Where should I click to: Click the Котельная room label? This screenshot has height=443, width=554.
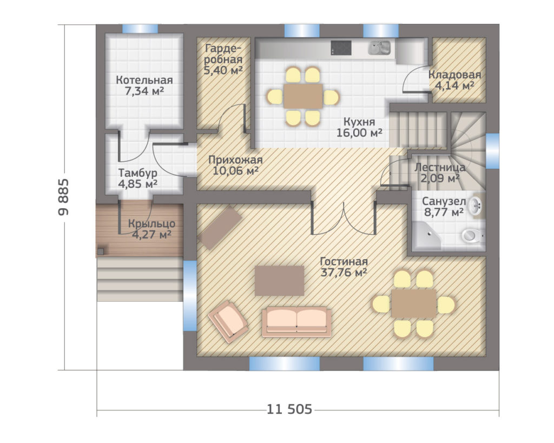click(144, 80)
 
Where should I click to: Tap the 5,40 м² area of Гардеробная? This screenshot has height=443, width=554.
click(223, 70)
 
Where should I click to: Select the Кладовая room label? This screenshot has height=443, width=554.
click(454, 75)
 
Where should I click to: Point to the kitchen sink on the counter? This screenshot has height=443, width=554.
click(379, 48)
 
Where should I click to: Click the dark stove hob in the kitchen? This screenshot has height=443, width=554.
click(341, 48)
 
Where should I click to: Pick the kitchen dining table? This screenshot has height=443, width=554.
click(303, 96)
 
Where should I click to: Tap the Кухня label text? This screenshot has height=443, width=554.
click(359, 122)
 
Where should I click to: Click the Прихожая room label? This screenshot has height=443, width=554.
click(235, 160)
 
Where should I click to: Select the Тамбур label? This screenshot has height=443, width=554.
click(137, 173)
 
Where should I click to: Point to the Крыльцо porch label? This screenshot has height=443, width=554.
click(151, 223)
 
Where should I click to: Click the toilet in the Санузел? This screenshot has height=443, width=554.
click(472, 235)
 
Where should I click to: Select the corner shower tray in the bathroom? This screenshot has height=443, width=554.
click(426, 236)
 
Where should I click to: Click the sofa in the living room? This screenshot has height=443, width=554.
click(296, 321)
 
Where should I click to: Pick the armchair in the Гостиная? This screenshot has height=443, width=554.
click(228, 322)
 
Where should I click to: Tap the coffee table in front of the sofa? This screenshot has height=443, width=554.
click(280, 281)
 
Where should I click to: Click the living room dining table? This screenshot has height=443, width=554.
click(414, 303)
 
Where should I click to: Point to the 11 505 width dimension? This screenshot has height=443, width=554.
click(289, 409)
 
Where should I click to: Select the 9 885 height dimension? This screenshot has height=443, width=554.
click(64, 197)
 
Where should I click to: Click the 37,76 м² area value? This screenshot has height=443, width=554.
click(344, 273)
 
